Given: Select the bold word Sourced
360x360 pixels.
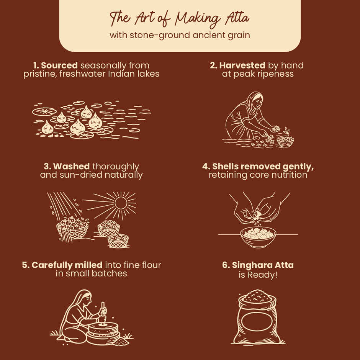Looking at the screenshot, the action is (59, 65).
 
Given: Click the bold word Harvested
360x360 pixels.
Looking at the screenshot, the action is (242, 65).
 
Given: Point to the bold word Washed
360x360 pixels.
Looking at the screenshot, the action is (71, 166).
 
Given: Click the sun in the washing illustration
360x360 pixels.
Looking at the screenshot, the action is (121, 203).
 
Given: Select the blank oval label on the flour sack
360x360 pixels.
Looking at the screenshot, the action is (257, 322).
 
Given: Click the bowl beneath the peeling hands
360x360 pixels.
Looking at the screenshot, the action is (258, 237).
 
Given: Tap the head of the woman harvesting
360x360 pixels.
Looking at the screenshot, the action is (256, 100).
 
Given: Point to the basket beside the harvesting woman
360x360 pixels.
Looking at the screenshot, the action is (285, 141).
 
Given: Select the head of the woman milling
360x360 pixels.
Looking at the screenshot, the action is (85, 298).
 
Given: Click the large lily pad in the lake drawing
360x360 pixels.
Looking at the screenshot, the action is (44, 111).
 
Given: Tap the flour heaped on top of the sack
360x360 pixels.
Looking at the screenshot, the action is (257, 296).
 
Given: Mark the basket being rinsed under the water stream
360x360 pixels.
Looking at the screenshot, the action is (72, 229).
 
